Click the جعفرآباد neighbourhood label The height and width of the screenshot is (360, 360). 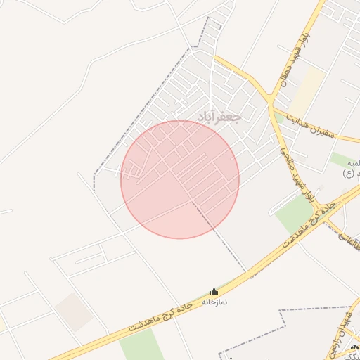click(x=219, y=116)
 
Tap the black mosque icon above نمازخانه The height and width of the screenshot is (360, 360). click(x=214, y=291)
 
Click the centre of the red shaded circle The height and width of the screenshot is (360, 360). click(x=180, y=179)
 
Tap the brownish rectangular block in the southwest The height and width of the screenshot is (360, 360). click(x=75, y=311)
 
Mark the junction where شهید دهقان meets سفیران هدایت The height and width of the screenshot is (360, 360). click(x=271, y=105)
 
